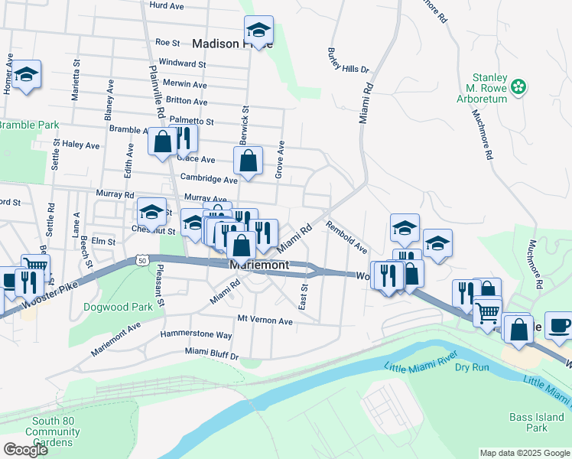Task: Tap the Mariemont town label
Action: click(259, 265)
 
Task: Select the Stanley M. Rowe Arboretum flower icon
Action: click(519, 86)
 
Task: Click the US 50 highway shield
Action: click(141, 261)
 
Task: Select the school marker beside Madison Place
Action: click(259, 31)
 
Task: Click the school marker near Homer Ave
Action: click(27, 75)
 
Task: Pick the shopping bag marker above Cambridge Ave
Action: click(248, 161)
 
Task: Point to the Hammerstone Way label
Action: click(196, 335)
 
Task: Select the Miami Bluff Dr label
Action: click(212, 353)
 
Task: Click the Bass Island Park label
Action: click(536, 422)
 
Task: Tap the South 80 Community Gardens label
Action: click(53, 432)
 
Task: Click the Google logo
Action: click(25, 450)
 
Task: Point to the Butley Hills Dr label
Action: click(348, 60)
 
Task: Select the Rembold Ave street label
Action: click(346, 237)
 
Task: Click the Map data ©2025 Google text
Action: click(524, 453)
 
